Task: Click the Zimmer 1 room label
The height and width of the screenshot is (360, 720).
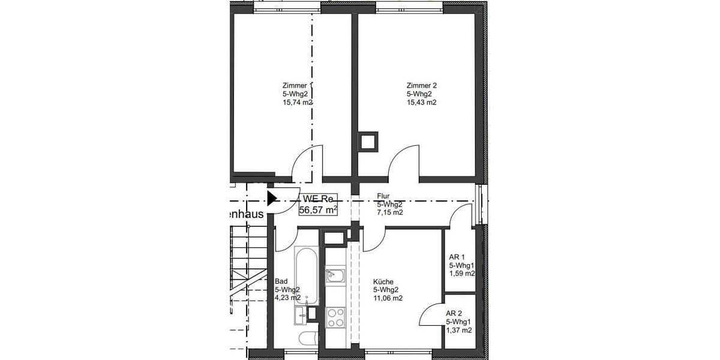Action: click(297, 85)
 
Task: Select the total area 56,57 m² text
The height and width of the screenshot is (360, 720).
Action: click(318, 209)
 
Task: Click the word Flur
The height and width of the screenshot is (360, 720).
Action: click(383, 196)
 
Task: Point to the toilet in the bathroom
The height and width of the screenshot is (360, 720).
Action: click(306, 338)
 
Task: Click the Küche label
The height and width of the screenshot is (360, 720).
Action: click(383, 281)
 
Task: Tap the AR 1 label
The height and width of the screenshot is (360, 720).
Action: click(457, 256)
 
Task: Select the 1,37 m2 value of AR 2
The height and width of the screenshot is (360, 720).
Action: click(458, 330)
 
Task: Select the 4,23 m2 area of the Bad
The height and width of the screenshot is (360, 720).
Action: click(287, 298)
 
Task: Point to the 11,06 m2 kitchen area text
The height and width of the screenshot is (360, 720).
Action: click(388, 298)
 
